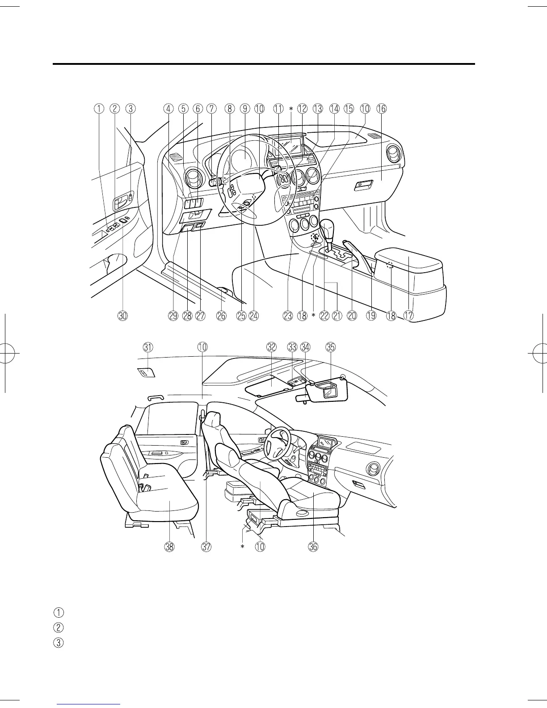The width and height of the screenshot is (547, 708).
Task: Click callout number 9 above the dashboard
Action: pyautogui.click(x=244, y=108)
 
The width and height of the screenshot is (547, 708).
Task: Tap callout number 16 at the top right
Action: pyautogui.click(x=381, y=108)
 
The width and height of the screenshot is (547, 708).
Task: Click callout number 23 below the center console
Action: pyautogui.click(x=288, y=316)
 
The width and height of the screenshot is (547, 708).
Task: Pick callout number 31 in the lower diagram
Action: pyautogui.click(x=148, y=347)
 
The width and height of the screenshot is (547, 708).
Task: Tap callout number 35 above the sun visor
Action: pyautogui.click(x=331, y=347)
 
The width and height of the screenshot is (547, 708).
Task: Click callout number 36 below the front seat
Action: pyautogui.click(x=312, y=546)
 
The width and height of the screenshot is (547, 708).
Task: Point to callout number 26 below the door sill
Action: pyautogui.click(x=221, y=316)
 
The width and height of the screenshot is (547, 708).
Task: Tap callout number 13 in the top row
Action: pyautogui.click(x=318, y=108)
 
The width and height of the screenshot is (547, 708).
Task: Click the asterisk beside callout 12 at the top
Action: pyautogui.click(x=291, y=109)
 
